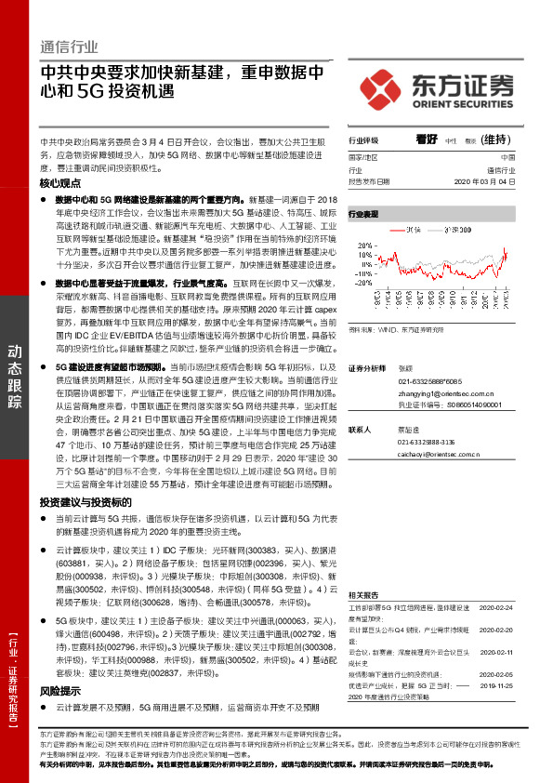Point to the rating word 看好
coord(427,139)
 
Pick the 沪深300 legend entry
coord(470,226)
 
